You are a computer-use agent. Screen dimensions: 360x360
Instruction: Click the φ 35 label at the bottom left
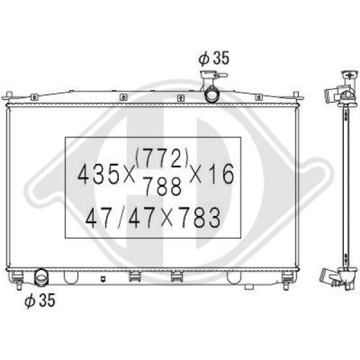[x=39, y=302]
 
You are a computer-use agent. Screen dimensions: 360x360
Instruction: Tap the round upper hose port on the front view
[x=212, y=95]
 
